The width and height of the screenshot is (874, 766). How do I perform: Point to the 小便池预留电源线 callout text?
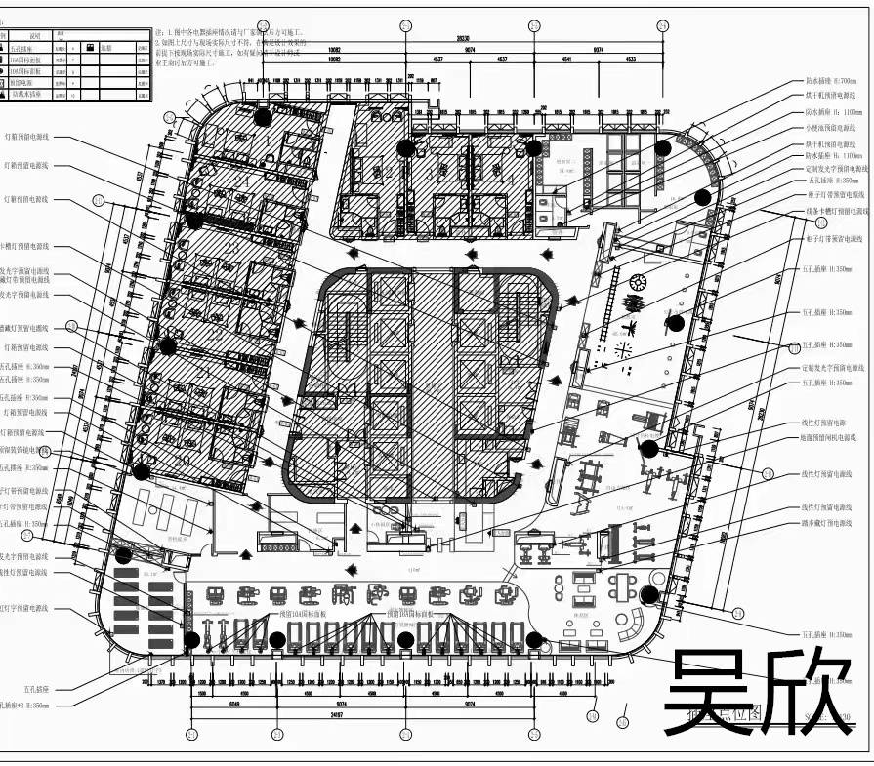pos(833,128)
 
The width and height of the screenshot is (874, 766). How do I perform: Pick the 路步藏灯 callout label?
pos(833,523)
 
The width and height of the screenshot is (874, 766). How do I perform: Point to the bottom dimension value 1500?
pos(200,693)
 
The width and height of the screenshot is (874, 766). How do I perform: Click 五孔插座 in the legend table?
pos(23,47)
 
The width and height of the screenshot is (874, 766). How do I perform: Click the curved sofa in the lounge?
pos(631,624)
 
